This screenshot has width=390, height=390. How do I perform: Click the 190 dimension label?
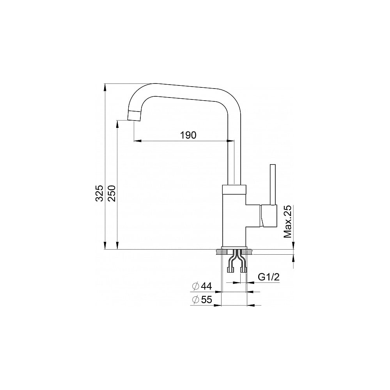point(188,135)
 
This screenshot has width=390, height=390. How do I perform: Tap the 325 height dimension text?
point(99,193)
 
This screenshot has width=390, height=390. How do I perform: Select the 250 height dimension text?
point(112,193)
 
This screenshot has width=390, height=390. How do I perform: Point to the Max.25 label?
point(287,222)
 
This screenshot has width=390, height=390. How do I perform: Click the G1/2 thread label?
point(269,277)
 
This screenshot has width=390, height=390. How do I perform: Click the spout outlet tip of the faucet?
point(134,116)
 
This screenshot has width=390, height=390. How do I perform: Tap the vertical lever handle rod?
point(273,184)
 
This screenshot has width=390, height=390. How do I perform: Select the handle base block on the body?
point(268,216)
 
